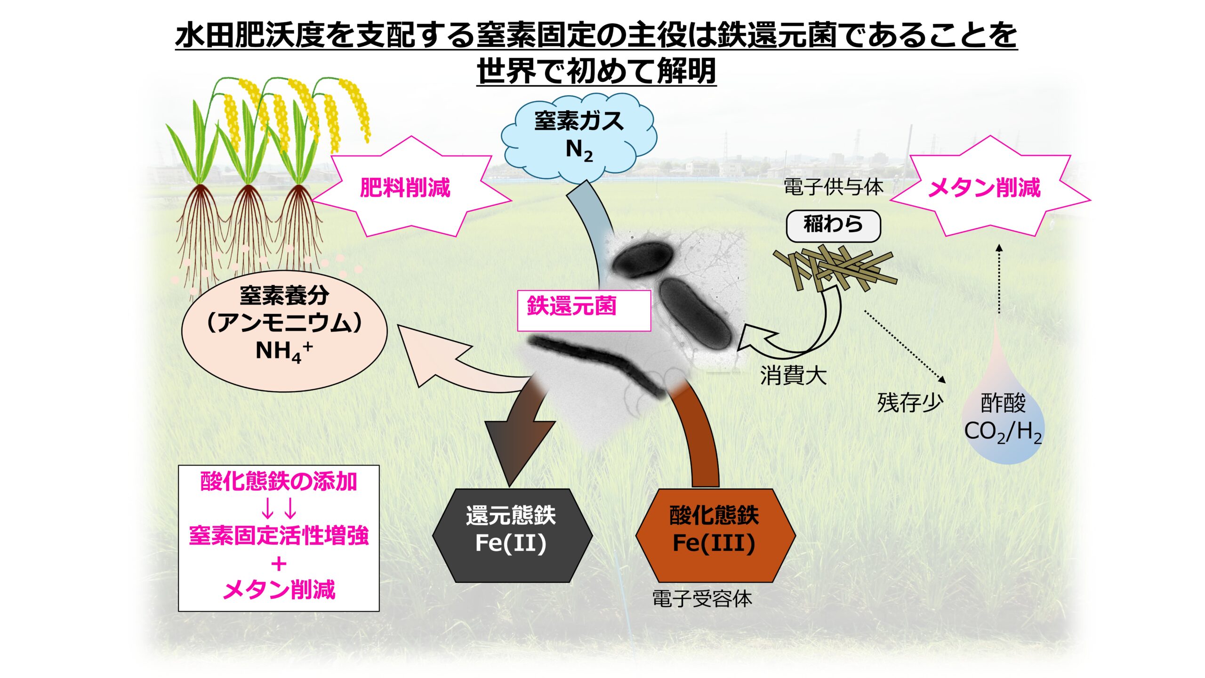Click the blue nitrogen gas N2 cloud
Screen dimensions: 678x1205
pyautogui.click(x=578, y=137)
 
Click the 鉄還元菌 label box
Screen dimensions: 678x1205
pyautogui.click(x=584, y=310)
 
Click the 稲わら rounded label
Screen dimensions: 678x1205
pyautogui.click(x=833, y=225)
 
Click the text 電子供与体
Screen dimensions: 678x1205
pyautogui.click(x=833, y=187)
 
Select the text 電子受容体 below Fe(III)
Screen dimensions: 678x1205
pyautogui.click(x=701, y=599)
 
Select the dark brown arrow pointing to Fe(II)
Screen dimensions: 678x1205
pyautogui.click(x=518, y=438)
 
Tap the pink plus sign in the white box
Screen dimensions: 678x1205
pyautogui.click(x=279, y=564)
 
